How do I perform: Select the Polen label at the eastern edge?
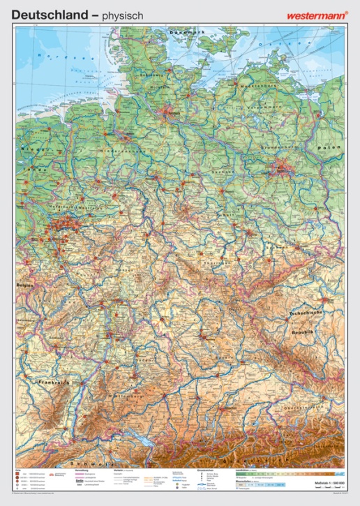328,148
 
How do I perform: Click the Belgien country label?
26,286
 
